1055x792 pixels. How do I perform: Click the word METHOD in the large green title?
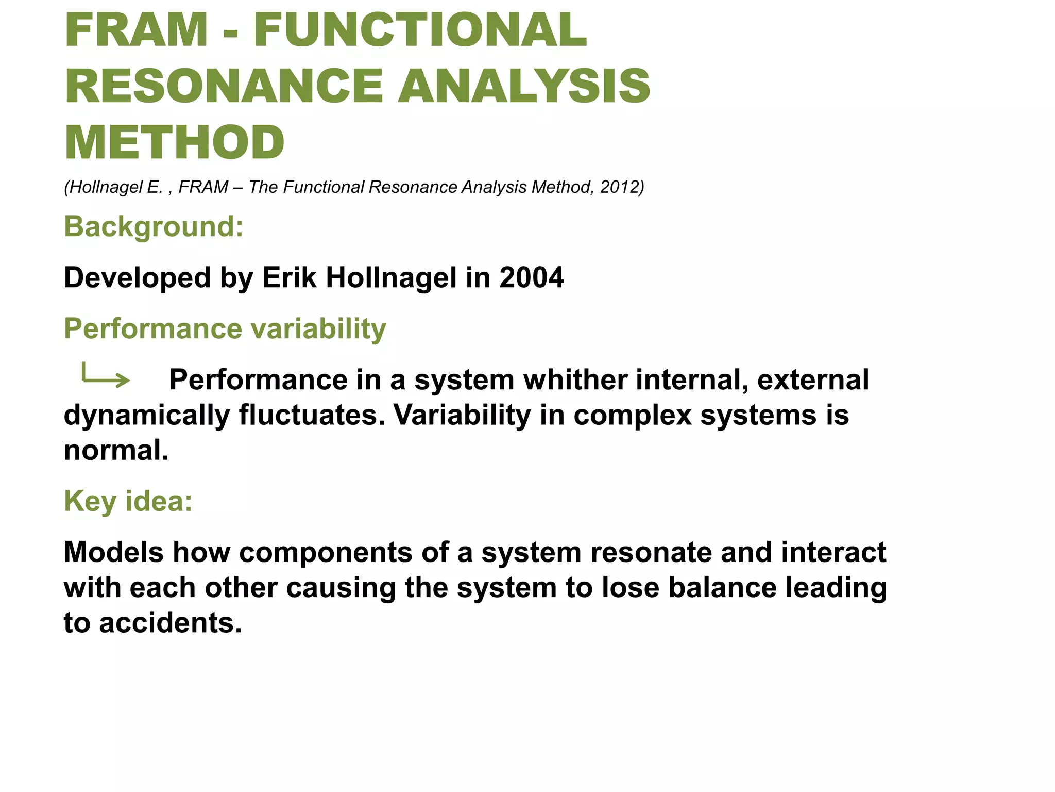(174, 142)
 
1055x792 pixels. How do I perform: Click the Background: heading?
(154, 226)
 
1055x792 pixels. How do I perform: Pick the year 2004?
(531, 277)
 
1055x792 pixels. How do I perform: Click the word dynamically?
(146, 416)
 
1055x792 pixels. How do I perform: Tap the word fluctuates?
(312, 415)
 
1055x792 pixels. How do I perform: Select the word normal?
(116, 450)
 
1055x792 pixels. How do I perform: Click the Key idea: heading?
(128, 501)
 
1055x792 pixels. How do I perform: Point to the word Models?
(113, 552)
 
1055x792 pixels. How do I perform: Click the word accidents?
(170, 623)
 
